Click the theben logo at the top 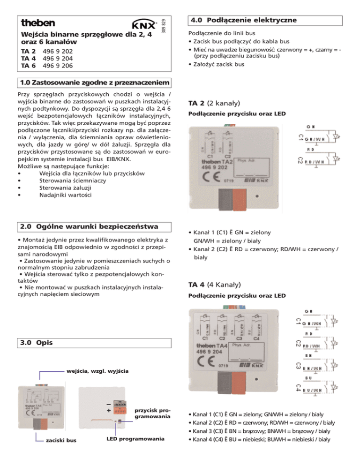(38, 23)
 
